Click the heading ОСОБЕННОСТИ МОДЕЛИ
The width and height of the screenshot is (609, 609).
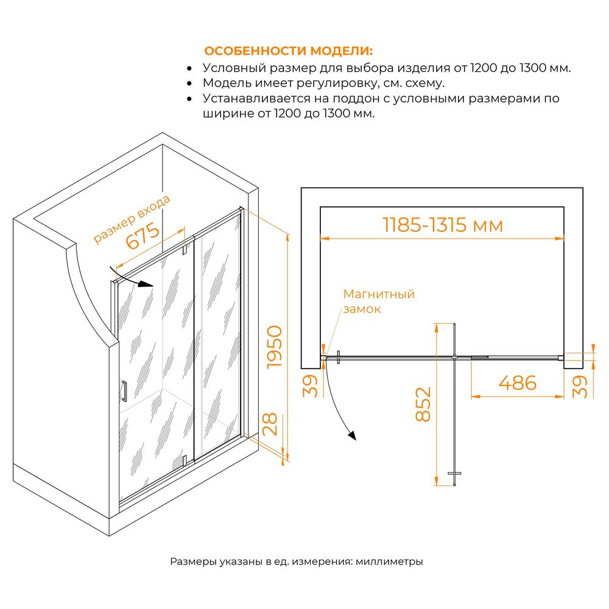point(288,51)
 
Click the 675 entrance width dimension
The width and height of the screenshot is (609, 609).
point(143,236)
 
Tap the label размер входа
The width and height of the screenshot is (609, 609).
point(132,219)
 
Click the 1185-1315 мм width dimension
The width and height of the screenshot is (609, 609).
point(442,225)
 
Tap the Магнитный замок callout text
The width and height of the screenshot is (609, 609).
point(379,301)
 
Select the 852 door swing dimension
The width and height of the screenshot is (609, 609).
point(423,404)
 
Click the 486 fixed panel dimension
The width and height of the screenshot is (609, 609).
point(517,383)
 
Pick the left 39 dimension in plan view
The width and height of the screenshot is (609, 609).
point(310,386)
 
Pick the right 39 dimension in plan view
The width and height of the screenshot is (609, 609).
point(580,387)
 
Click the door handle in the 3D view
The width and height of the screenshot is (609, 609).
point(124,391)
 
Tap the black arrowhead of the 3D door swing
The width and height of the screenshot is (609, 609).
point(146,284)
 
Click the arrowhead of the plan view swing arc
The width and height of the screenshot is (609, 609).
point(352,436)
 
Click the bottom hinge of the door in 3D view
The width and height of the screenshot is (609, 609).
point(185,461)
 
